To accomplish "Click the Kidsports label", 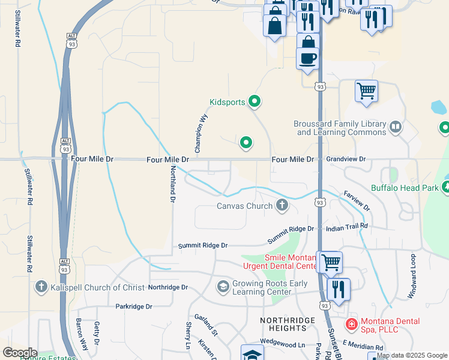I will (x=227, y=102).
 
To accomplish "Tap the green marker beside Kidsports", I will (x=255, y=102).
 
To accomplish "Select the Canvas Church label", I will (x=244, y=206).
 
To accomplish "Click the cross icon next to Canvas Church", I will (x=282, y=206).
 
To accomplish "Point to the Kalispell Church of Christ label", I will (x=97, y=287).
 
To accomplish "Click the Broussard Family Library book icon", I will (x=396, y=127).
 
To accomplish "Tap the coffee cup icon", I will (x=308, y=58).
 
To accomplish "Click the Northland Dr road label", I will (x=172, y=183).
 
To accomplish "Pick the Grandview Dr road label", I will (x=346, y=160).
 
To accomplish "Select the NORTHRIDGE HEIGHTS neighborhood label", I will (x=288, y=324).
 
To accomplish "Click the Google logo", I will (x=19, y=353).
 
